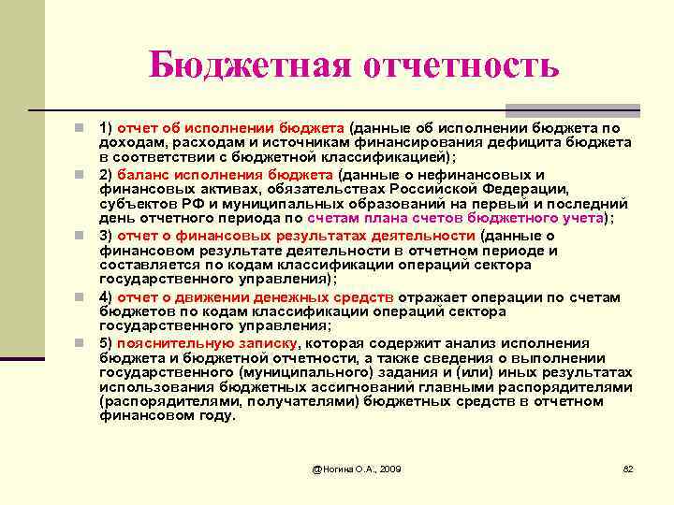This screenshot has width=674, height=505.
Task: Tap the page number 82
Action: click(x=628, y=468)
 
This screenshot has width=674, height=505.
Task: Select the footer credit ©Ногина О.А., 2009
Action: click(x=357, y=468)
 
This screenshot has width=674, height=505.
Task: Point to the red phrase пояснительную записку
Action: click(x=207, y=343)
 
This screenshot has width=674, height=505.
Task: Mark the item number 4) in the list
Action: click(x=106, y=297)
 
